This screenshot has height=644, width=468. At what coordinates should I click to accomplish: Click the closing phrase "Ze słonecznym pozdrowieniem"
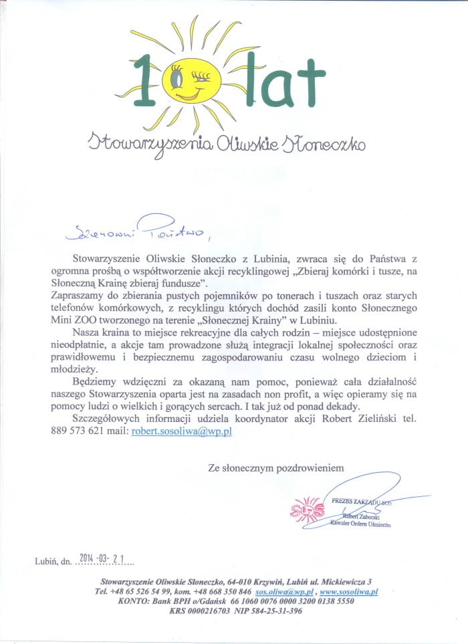[x=276, y=468]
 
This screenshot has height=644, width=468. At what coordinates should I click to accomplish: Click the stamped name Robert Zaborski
[x=365, y=517]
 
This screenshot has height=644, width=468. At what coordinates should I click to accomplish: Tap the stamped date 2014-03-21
[x=106, y=556]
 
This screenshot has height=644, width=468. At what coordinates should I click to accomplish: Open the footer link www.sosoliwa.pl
[x=348, y=591]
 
